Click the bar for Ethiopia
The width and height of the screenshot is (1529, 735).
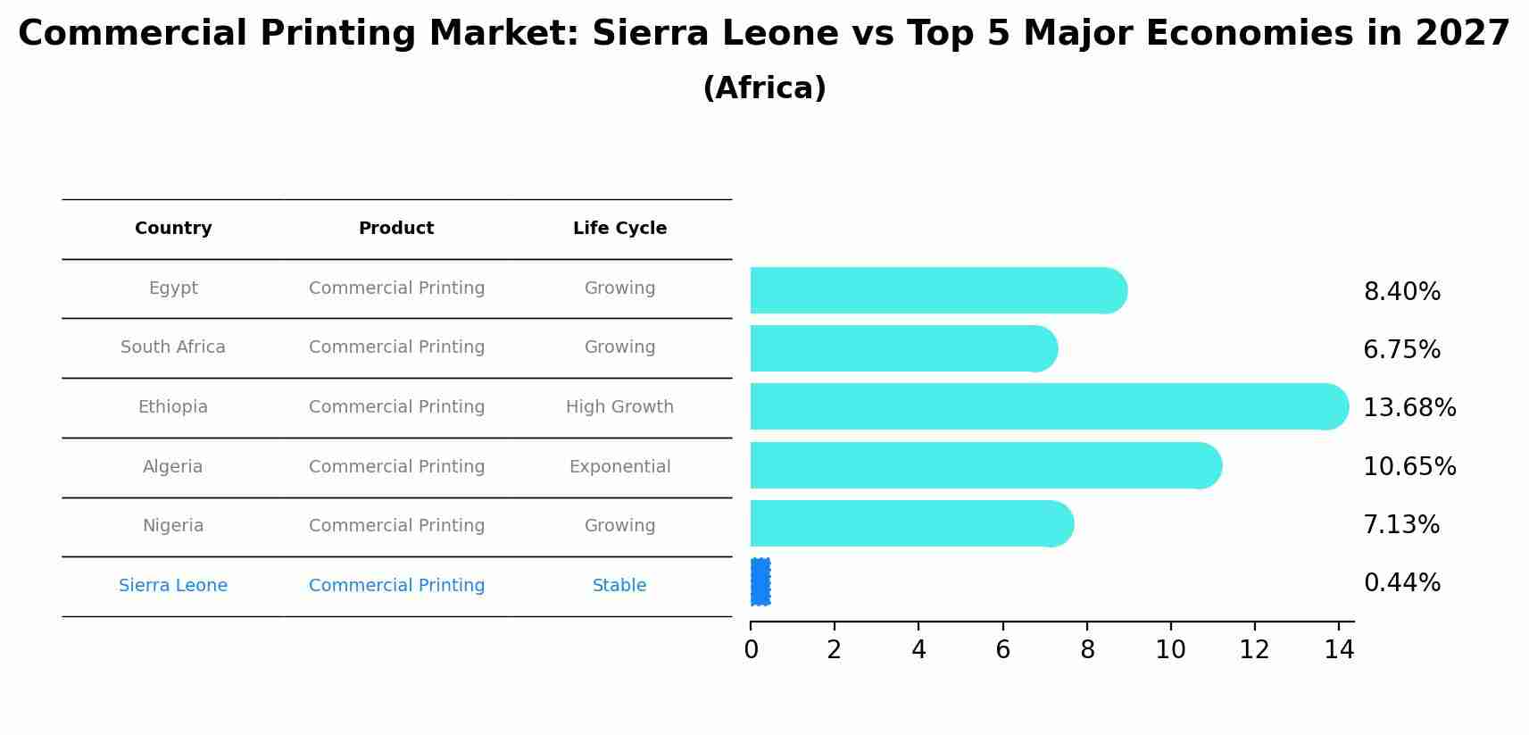coord(1044,406)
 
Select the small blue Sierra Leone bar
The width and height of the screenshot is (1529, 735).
coord(760,582)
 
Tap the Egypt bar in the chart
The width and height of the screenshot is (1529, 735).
coord(937,290)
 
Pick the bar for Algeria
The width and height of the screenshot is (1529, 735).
coord(982,465)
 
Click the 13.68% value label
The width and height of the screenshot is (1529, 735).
coord(1409,408)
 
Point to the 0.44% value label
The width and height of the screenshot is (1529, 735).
coord(1401,583)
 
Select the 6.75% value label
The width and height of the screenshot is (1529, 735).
coord(1401,350)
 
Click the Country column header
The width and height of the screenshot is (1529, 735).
coord(173,229)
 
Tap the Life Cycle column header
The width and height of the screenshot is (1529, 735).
coord(619,229)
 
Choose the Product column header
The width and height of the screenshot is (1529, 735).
coord(396,229)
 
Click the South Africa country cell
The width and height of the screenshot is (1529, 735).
coord(173,347)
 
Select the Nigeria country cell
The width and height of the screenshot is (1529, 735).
coord(173,526)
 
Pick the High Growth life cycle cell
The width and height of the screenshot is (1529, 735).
coord(619,407)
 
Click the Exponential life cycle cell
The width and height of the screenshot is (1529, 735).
coord(619,467)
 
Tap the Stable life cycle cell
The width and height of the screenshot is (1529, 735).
coord(619,586)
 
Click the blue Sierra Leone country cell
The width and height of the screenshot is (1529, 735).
coord(173,586)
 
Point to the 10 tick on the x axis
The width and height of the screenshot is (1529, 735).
coord(1170,650)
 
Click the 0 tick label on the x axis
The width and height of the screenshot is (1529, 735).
coord(751,650)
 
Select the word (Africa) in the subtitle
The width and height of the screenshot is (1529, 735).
coord(764,88)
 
